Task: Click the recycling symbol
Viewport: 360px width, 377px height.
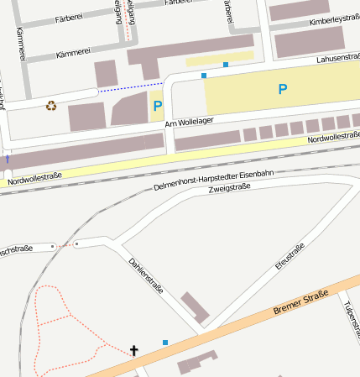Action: click(51, 106)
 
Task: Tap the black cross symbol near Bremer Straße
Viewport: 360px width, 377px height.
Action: click(133, 349)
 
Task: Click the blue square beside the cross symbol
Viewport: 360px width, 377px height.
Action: click(165, 343)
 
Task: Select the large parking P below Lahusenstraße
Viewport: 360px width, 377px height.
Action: click(282, 89)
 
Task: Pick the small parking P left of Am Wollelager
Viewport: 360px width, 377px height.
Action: click(157, 107)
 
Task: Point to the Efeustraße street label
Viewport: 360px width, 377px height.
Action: click(289, 257)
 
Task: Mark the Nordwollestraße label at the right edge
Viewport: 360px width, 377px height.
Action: click(333, 136)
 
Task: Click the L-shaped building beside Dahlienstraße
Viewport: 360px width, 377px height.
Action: click(196, 309)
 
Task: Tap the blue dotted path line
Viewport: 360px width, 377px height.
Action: click(130, 86)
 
